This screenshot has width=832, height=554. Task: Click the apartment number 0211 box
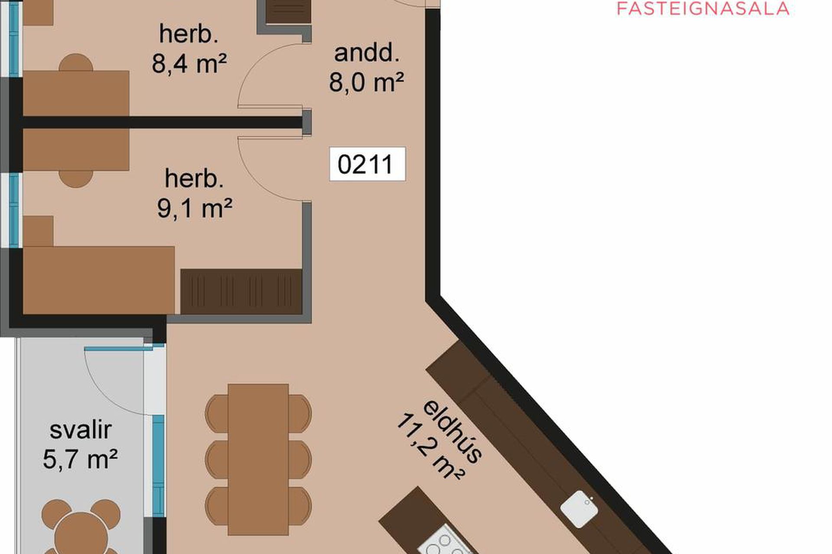[367, 164]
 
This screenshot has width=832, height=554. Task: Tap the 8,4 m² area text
[189, 64]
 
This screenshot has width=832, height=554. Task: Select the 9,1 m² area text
[195, 209]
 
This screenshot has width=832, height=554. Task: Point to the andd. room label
[367, 53]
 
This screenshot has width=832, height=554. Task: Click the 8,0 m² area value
[367, 82]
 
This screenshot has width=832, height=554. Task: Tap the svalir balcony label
[81, 430]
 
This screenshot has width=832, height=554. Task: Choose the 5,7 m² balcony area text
[80, 459]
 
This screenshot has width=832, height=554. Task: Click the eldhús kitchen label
[452, 432]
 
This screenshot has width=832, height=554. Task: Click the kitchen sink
[579, 509]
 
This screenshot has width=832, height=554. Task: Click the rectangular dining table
[258, 459]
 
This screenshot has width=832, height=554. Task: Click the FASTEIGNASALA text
[703, 9]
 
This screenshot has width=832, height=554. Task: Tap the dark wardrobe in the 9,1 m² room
[241, 291]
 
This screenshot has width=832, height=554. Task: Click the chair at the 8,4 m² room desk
[76, 62]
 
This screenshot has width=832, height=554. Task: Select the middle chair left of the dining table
[217, 459]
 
